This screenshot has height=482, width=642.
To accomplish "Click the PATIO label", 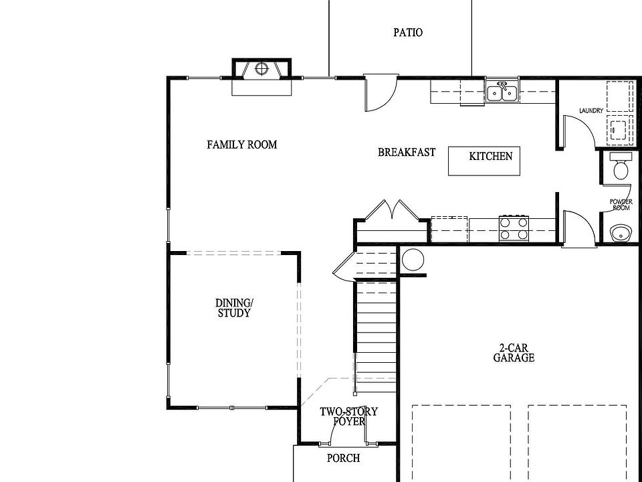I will click(407, 32).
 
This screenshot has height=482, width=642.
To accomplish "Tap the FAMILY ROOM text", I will click(241, 145).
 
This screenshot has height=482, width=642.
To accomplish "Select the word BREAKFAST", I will click(407, 153).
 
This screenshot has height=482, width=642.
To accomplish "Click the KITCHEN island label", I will click(490, 157).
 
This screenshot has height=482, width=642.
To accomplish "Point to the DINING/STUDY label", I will click(234, 308).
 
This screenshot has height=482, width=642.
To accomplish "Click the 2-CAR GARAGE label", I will click(514, 353).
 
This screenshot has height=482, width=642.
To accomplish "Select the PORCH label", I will click(343, 459).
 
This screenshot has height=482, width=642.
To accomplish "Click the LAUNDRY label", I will click(592, 111).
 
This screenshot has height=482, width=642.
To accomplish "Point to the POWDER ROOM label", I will click(621, 205).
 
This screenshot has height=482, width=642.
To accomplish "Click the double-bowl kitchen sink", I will click(502, 92).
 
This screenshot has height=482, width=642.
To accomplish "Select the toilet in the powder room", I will click(621, 166).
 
